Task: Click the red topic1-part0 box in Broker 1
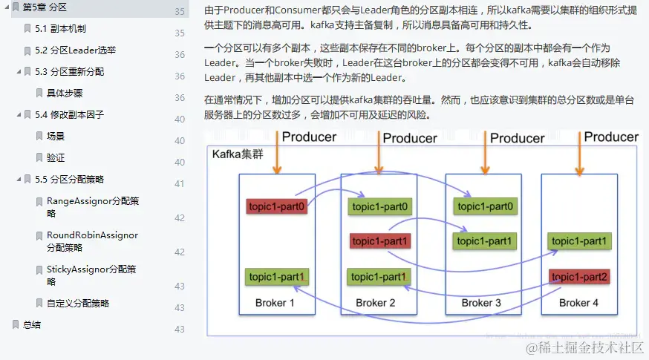(x=276, y=206)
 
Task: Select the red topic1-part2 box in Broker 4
(x=580, y=277)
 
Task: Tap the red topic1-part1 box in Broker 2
(x=380, y=241)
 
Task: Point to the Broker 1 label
(x=275, y=303)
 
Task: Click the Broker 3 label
(x=481, y=303)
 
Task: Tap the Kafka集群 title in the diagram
(x=238, y=154)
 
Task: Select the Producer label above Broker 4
(x=611, y=137)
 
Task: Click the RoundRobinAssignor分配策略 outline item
(x=92, y=241)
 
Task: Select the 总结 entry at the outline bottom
(x=32, y=325)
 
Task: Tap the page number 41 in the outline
(x=179, y=183)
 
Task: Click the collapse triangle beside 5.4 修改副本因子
(x=19, y=115)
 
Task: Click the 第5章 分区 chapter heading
(x=45, y=7)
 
